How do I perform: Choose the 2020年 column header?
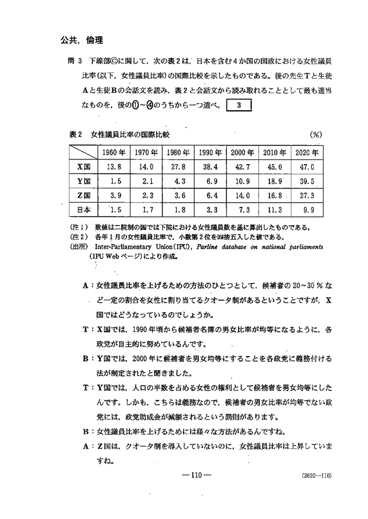pyautogui.click(x=307, y=152)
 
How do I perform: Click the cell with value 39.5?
pyautogui.click(x=307, y=181)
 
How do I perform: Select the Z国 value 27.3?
pyautogui.click(x=307, y=196)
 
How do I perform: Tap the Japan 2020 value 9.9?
pyautogui.click(x=307, y=210)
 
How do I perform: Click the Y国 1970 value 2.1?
pyautogui.click(x=147, y=181)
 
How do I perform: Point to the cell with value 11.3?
pyautogui.click(x=275, y=210)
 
